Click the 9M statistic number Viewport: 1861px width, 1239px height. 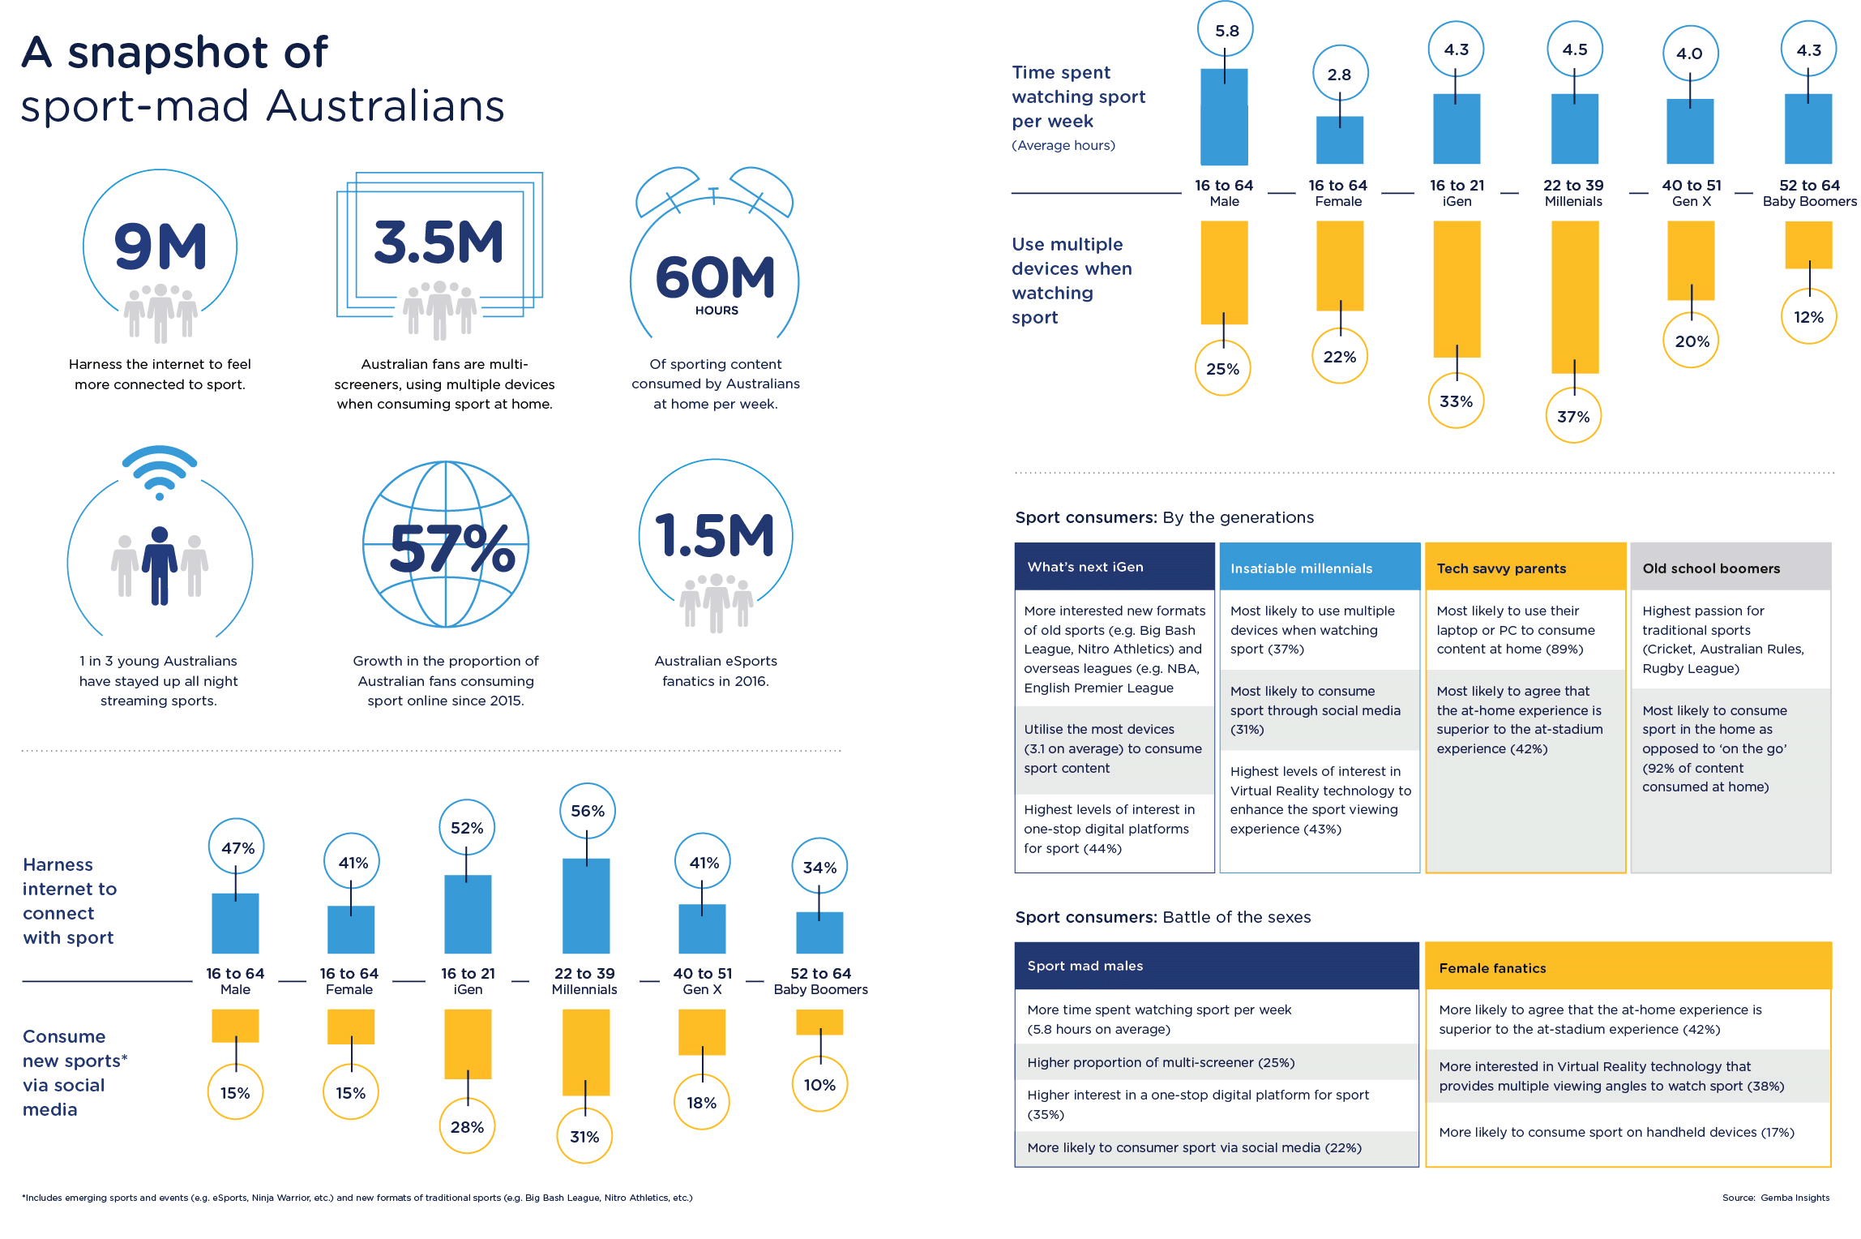point(160,247)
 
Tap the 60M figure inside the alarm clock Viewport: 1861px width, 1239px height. point(715,277)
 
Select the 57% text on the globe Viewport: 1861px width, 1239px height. point(451,549)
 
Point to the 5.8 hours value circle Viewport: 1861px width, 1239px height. point(1226,31)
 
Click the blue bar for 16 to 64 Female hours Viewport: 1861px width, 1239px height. point(1339,139)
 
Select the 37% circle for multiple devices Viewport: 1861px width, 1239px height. point(1573,417)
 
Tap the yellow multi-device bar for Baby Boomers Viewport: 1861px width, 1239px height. point(1808,244)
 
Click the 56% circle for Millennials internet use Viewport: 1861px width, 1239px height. point(588,811)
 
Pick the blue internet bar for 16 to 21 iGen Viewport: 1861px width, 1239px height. point(468,914)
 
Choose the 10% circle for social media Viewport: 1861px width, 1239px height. point(819,1085)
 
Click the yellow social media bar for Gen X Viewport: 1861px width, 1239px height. point(702,1031)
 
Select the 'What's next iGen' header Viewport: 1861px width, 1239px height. point(1114,567)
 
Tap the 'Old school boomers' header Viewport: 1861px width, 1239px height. point(1731,568)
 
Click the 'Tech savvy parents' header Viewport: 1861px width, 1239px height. point(1525,568)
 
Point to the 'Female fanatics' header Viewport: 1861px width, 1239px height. point(1628,967)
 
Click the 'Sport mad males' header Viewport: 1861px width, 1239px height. point(1216,966)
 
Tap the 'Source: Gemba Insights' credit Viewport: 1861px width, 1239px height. point(1775,1198)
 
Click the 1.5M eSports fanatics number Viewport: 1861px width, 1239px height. point(715,536)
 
